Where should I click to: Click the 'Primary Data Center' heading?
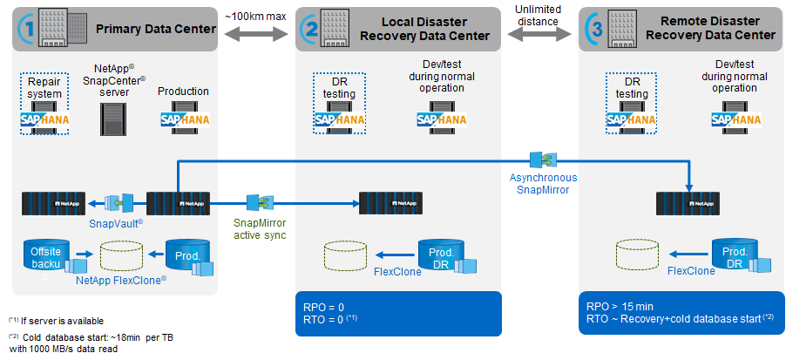[156, 29]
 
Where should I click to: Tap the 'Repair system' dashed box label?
[44, 88]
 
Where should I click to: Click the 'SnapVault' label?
[115, 224]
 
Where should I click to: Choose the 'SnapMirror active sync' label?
[261, 228]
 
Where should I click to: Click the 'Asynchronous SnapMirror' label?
[542, 184]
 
